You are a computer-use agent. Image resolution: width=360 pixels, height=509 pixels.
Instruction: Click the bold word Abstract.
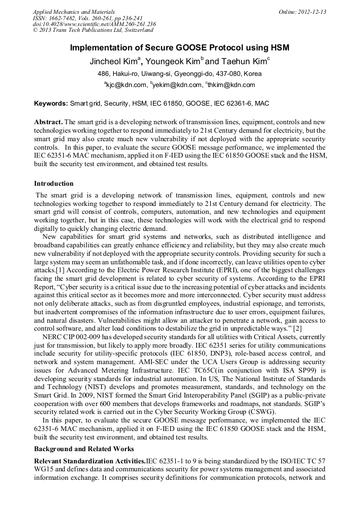coord(48,122)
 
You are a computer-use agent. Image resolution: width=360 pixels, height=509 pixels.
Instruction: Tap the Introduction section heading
coord(54,184)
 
